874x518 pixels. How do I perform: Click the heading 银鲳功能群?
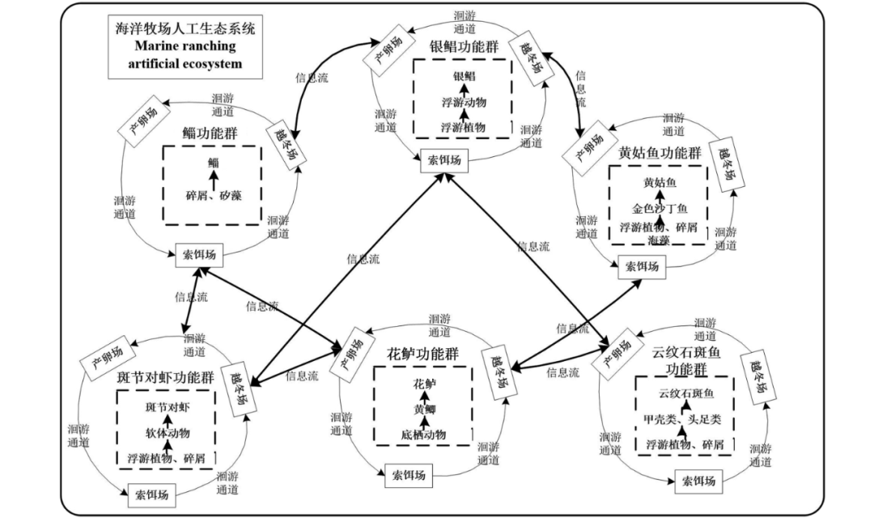(464, 45)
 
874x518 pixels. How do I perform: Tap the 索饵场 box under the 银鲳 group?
(444, 159)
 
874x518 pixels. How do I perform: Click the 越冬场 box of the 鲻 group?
(288, 142)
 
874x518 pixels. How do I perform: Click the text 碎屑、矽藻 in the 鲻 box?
(214, 196)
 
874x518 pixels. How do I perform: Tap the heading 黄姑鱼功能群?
(659, 153)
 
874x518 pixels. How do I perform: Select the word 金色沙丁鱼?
(659, 209)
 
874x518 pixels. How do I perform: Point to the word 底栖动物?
(423, 435)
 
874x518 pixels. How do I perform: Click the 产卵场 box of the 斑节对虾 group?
(106, 364)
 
